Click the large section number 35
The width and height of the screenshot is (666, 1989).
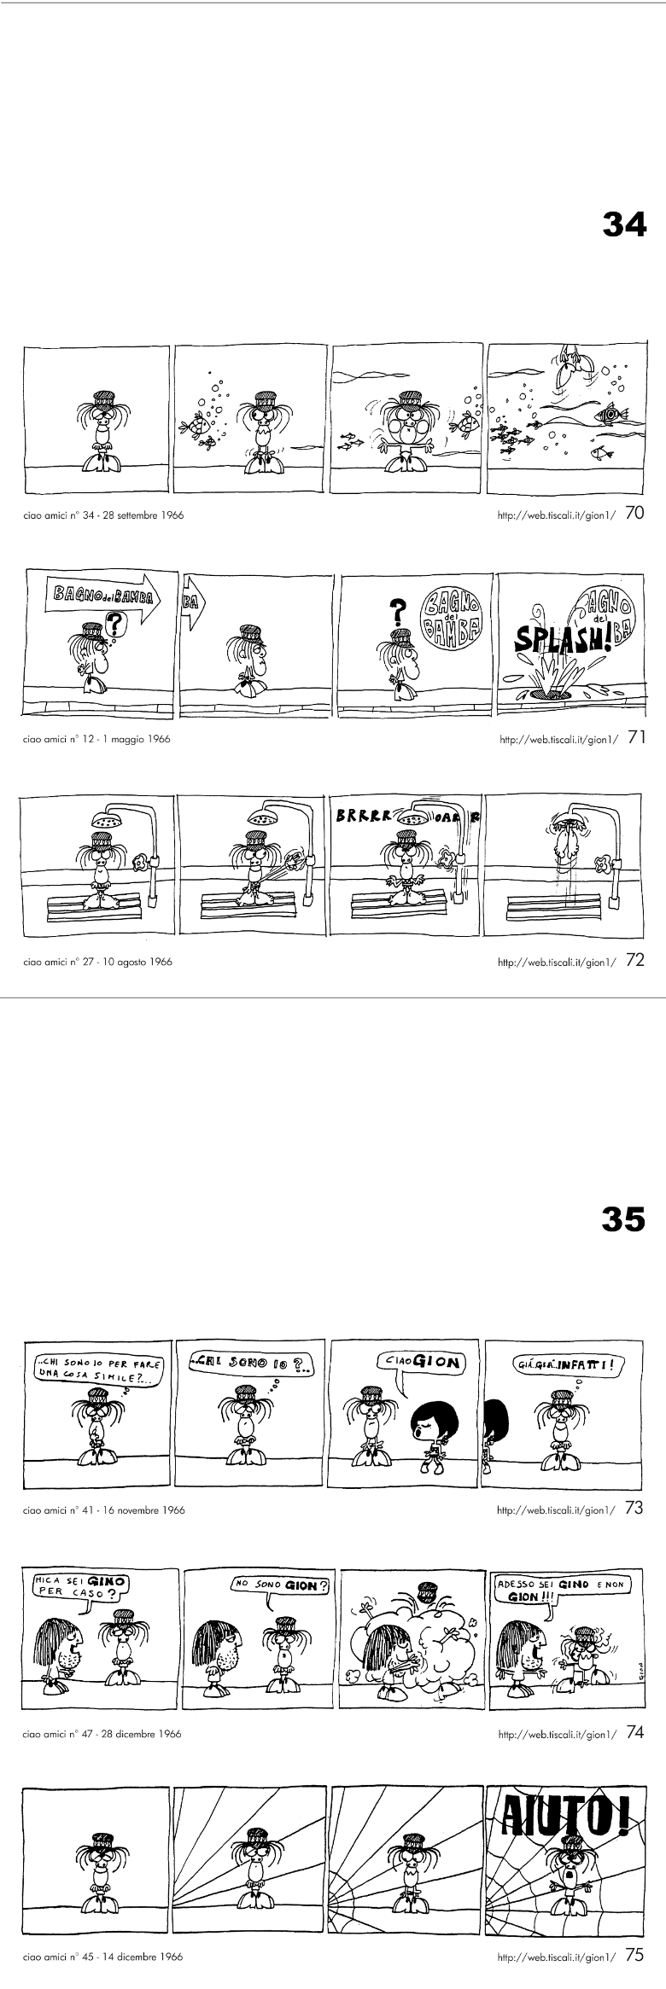coord(624,1220)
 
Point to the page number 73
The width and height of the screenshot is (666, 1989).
coord(634,1508)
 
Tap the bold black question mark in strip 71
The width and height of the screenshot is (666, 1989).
coord(396,611)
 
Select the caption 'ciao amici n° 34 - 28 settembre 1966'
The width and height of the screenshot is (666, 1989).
coord(104,515)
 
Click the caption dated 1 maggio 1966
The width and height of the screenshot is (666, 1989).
coord(96,739)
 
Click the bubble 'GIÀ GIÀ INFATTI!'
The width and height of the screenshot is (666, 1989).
coord(569,1364)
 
